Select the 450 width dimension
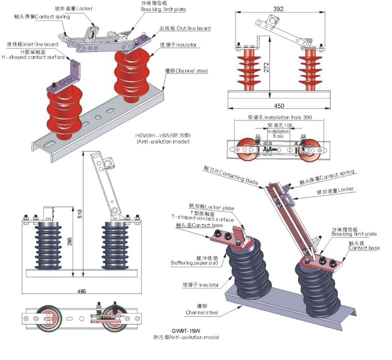pos(279,105)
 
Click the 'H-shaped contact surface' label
pos(33,56)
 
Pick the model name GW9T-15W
pos(185,330)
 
